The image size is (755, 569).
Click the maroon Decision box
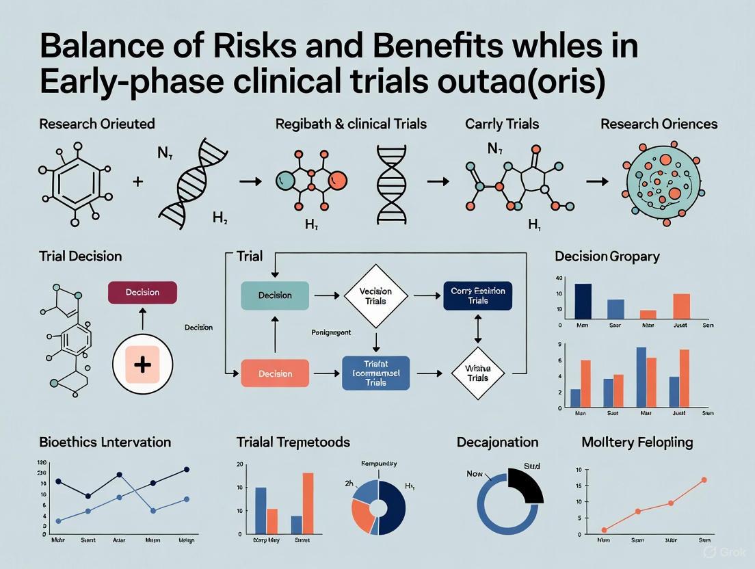tap(142, 292)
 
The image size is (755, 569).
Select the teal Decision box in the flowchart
tap(275, 295)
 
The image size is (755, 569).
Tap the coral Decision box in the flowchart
tap(275, 373)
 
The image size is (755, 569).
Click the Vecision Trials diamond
tap(375, 296)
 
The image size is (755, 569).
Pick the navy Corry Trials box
tap(477, 295)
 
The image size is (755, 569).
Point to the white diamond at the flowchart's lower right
tap(477, 373)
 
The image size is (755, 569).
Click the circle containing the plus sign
tap(142, 364)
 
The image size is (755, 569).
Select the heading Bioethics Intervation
tap(105, 442)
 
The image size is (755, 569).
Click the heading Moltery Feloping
tap(637, 442)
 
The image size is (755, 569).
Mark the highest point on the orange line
tap(704, 480)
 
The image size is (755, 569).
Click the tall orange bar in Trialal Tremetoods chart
tap(308, 503)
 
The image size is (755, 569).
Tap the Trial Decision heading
tap(81, 256)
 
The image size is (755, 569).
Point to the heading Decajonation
tap(497, 442)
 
